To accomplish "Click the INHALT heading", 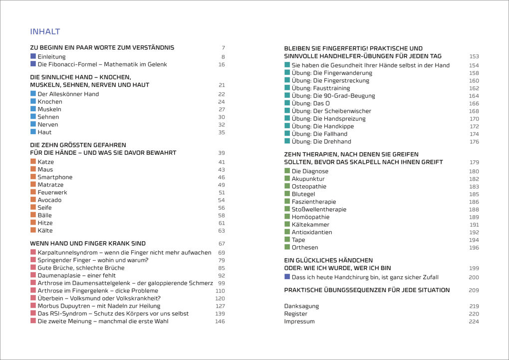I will click(x=45, y=32).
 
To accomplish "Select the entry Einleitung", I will click(x=51, y=57).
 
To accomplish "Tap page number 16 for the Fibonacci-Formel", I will click(x=222, y=64).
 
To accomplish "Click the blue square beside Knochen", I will click(x=33, y=101).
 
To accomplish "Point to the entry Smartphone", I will click(x=55, y=177).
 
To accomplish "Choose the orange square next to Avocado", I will click(x=33, y=200).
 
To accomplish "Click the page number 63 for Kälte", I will click(x=222, y=231).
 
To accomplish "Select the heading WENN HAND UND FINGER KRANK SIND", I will click(x=88, y=244).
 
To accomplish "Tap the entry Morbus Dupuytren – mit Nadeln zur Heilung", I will click(x=99, y=306).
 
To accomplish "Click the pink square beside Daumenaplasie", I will click(x=33, y=275).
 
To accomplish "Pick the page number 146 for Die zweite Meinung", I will click(x=220, y=322).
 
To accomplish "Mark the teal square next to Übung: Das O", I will click(x=287, y=103).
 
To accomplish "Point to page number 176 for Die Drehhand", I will click(x=474, y=142).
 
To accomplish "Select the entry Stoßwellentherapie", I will click(x=319, y=210).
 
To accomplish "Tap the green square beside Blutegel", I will click(x=287, y=194).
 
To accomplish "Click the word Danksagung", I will click(x=301, y=306).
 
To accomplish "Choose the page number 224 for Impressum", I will click(x=474, y=322).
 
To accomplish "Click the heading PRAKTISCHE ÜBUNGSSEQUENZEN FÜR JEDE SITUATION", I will click(x=367, y=290).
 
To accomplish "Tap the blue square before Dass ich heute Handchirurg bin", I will click(x=287, y=277).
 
